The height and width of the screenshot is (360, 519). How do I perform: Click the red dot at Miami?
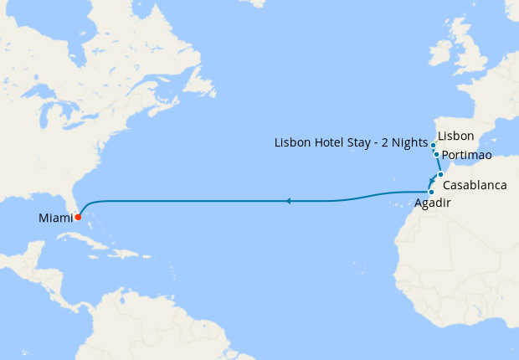pyautogui.click(x=77, y=217)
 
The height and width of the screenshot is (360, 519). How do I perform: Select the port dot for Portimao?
pyautogui.click(x=437, y=154)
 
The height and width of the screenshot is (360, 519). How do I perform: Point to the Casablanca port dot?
pyautogui.click(x=440, y=174)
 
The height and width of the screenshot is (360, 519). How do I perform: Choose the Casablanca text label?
pyautogui.click(x=475, y=184)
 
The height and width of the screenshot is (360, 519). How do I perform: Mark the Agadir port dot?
pyautogui.click(x=431, y=192)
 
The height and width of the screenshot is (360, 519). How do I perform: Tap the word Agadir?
pyautogui.click(x=432, y=203)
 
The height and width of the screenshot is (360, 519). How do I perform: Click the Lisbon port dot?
pyautogui.click(x=434, y=145)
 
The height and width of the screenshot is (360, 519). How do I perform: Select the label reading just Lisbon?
pyautogui.click(x=456, y=136)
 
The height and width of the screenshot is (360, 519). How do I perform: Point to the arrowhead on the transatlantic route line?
pyautogui.click(x=287, y=201)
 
